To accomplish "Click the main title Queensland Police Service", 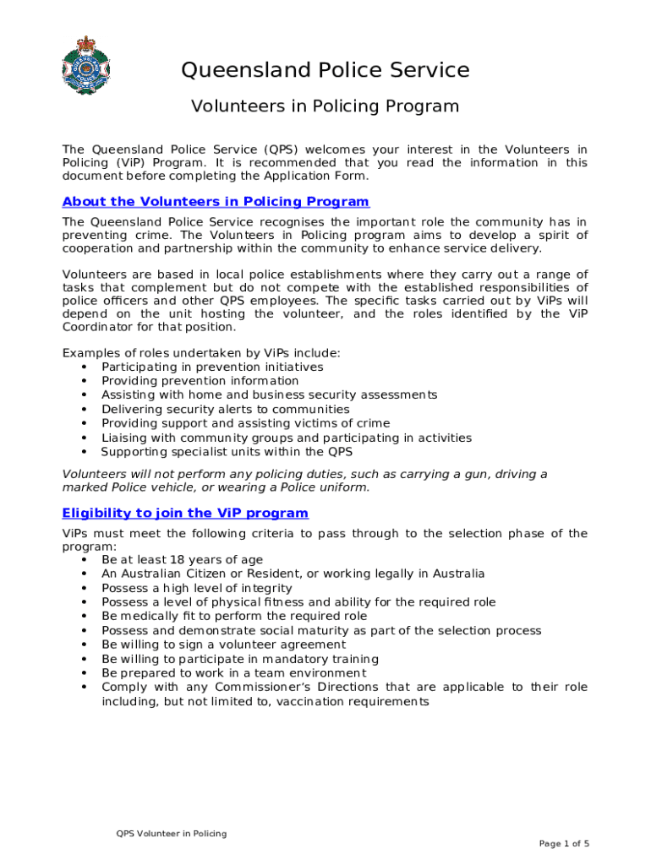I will (x=325, y=69).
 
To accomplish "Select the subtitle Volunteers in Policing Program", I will (x=325, y=106).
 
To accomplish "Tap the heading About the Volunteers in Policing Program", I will (x=216, y=201).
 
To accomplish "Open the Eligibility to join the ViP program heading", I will (x=185, y=513).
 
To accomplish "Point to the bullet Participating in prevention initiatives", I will (x=212, y=367).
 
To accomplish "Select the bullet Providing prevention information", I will (x=200, y=381).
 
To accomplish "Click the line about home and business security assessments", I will (x=269, y=394).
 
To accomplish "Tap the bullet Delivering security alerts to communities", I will (x=225, y=409).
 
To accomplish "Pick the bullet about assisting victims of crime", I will (x=245, y=423).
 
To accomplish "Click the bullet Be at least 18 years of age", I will (x=182, y=559).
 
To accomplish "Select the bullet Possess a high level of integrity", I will (x=196, y=588).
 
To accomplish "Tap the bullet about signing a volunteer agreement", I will (x=223, y=645).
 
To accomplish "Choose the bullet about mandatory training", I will (x=239, y=659).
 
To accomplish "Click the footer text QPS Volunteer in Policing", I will (x=172, y=834).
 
